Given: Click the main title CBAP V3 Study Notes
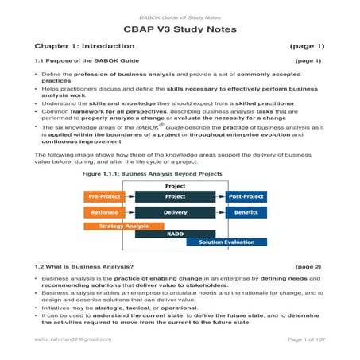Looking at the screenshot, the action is tap(180, 29).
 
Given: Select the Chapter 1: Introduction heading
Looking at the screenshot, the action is tap(87, 46).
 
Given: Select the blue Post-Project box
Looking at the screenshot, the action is tap(246, 196).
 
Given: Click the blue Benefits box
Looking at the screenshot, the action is tap(246, 213).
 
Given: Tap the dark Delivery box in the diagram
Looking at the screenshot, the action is tap(176, 213).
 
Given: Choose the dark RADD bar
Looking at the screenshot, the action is tap(176, 234).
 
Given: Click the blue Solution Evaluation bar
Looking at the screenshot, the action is tap(227, 242).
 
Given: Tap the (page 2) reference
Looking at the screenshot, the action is tap(308, 266).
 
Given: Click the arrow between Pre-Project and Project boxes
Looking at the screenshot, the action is tap(130, 196).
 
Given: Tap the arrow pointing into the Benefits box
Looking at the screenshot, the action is tap(221, 213).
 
